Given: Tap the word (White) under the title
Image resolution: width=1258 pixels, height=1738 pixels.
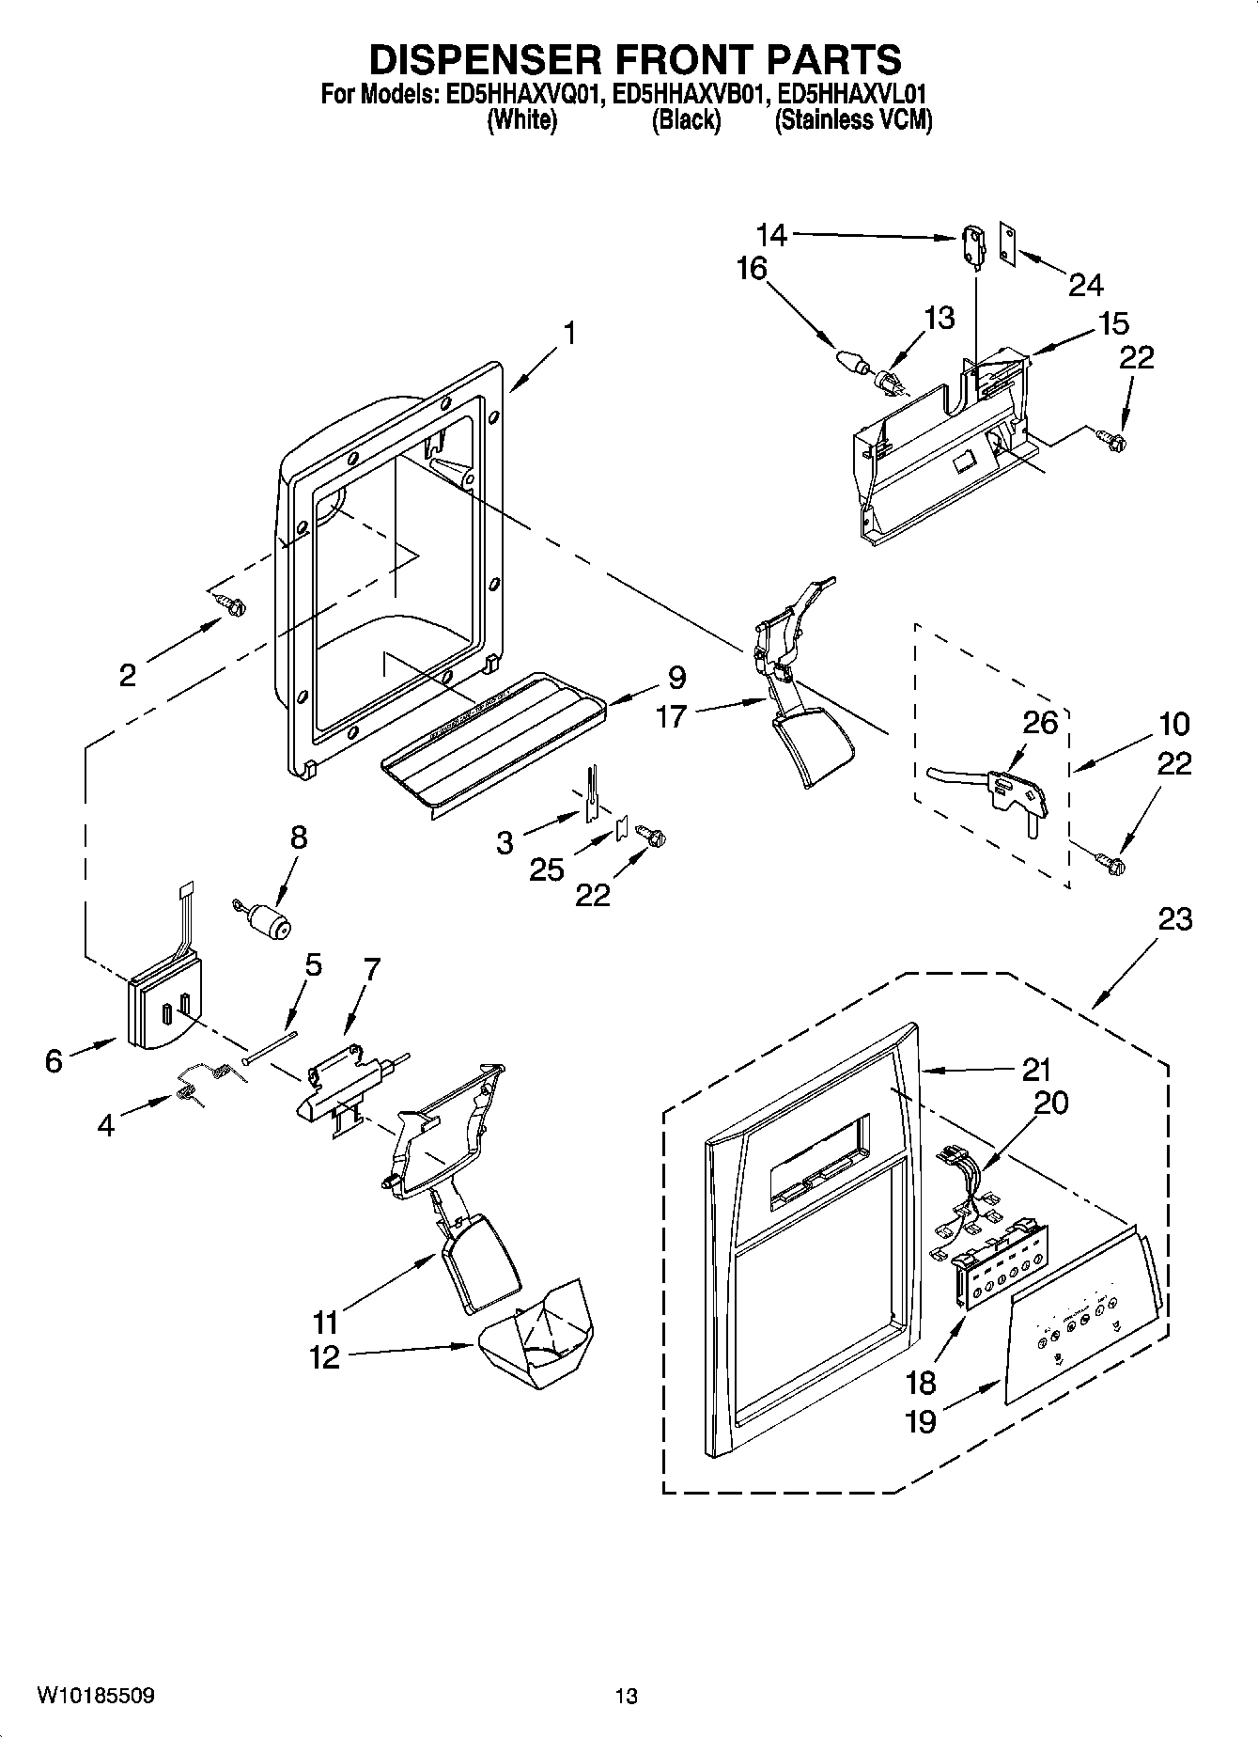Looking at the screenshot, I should [522, 120].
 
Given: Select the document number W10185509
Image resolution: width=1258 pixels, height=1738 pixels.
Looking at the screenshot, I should [96, 1695].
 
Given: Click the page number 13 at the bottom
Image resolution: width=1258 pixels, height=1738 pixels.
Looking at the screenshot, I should [627, 1696].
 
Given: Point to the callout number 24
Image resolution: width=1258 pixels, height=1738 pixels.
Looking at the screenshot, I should [1085, 284].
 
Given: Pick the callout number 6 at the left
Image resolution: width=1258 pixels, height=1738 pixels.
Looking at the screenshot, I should [54, 1061].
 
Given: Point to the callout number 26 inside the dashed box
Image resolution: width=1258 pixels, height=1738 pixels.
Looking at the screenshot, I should [1040, 723].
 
